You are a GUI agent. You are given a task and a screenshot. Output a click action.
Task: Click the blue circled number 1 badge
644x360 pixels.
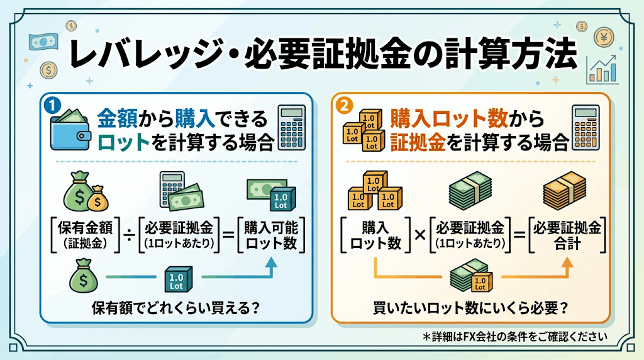tap(52, 105)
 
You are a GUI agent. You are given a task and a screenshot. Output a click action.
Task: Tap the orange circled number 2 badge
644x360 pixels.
tap(344, 106)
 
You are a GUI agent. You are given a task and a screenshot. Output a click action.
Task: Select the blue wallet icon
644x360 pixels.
tap(70, 130)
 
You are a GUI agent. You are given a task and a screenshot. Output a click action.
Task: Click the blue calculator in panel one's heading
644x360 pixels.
tap(292, 127)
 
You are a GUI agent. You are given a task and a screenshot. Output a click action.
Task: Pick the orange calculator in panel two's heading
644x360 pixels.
tap(586, 127)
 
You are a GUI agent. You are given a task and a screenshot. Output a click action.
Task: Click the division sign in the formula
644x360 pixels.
tap(129, 235)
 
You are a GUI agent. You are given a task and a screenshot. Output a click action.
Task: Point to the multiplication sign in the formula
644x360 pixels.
tap(419, 235)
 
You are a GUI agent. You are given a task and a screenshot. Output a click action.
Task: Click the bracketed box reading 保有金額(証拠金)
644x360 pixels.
tap(86, 235)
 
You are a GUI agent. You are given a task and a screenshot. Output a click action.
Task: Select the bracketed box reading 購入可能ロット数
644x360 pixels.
tap(271, 235)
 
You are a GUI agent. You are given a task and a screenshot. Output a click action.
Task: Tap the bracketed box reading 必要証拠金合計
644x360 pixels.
tap(567, 235)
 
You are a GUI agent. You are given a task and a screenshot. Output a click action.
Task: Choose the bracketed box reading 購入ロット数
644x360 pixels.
tap(375, 235)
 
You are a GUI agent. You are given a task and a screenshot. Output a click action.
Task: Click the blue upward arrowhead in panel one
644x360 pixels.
tap(270, 263)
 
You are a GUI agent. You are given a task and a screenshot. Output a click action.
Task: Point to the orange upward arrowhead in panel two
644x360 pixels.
tap(567, 263)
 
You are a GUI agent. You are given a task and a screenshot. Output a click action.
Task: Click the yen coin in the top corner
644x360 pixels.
tap(604, 37)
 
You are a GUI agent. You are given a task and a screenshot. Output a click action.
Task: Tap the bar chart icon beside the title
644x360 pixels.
tap(602, 70)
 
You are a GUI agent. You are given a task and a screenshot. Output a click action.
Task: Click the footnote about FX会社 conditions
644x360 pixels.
tap(515, 337)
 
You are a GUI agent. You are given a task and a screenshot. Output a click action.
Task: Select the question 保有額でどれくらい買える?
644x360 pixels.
tap(176, 308)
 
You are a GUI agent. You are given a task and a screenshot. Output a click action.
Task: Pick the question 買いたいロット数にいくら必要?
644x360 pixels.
tap(470, 308)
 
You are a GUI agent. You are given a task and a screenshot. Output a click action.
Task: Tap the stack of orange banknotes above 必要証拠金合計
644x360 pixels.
tap(564, 190)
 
